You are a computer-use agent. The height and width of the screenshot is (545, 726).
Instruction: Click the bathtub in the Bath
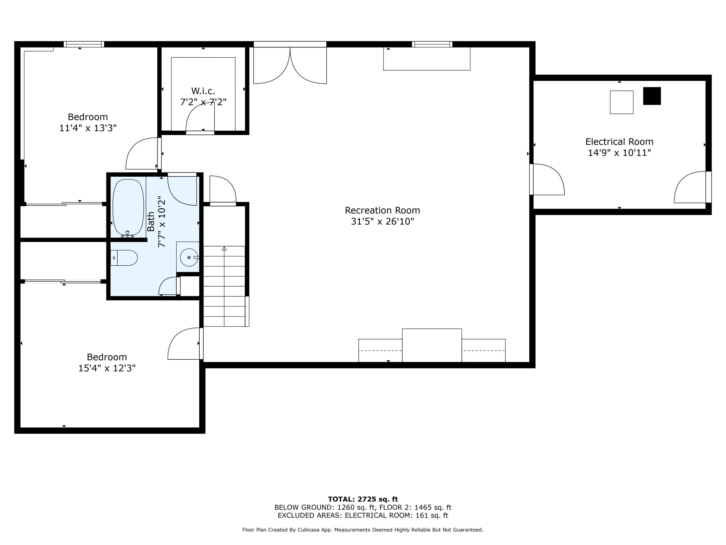128,207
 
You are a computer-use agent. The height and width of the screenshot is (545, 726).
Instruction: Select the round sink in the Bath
189,257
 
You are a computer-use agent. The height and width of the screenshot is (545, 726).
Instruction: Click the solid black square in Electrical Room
651,96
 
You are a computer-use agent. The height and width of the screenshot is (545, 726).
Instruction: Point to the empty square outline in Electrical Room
621,102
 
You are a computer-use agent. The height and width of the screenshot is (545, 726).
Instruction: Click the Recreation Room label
382,210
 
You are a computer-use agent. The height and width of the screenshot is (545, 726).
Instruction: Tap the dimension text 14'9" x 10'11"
619,153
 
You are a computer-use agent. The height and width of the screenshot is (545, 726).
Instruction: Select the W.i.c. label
203,91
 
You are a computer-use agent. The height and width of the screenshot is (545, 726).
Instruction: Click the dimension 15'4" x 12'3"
107,368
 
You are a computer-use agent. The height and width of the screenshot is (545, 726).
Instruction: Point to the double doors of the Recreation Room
290,66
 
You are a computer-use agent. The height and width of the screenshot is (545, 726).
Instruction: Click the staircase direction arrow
224,249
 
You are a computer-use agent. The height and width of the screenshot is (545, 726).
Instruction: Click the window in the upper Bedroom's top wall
84,44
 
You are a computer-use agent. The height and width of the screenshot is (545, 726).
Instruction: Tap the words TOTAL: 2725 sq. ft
363,499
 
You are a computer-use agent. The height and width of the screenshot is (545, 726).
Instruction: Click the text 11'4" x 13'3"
88,128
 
